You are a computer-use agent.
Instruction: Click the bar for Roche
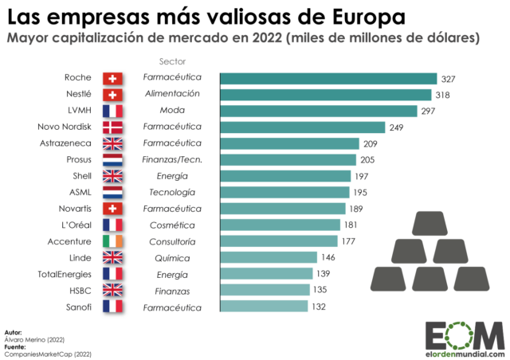pos(328,78)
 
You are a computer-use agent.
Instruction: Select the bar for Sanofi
pos(263,307)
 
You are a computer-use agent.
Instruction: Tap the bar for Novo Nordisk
pos(301,127)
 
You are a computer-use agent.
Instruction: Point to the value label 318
pos(441,95)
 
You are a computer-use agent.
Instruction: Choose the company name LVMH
pos(78,111)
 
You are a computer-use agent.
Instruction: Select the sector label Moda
pos(171,111)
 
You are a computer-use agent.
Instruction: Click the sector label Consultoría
pos(171,241)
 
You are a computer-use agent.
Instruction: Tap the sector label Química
pos(171,258)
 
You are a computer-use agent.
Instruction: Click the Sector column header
pos(171,61)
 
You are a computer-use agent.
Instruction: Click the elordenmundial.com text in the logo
pos(465,350)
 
